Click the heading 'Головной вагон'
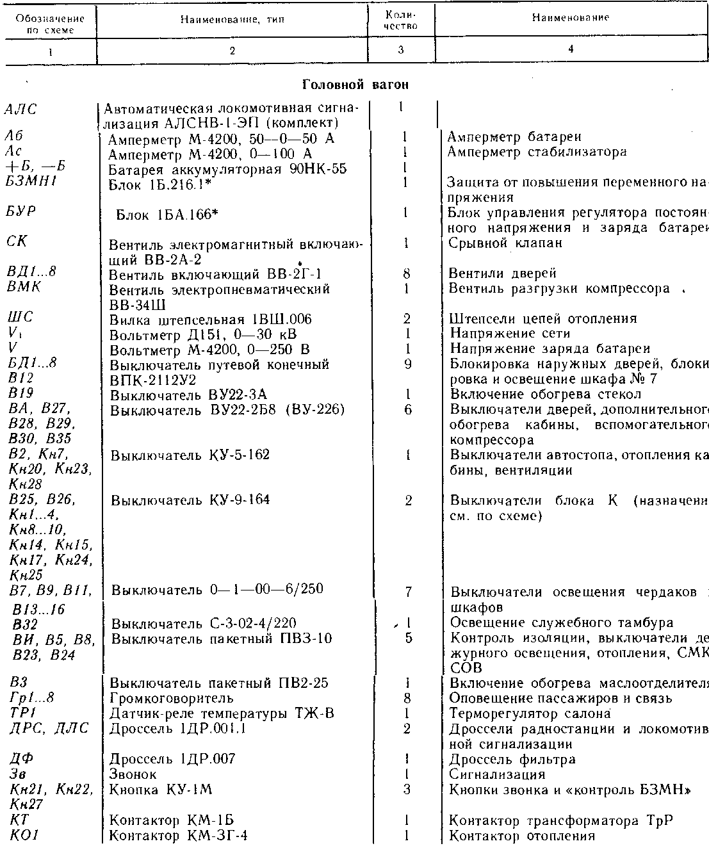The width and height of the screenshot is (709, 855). [x=355, y=84]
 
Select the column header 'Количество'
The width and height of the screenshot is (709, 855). [x=403, y=20]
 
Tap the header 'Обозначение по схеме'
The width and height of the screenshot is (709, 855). [x=50, y=24]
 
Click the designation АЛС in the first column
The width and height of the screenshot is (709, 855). [x=20, y=109]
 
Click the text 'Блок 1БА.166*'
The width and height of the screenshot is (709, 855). [x=167, y=215]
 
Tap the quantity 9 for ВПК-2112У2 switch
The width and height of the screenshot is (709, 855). [x=407, y=364]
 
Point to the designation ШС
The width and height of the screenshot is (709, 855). [x=20, y=318]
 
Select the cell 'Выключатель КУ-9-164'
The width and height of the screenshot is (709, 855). [x=190, y=500]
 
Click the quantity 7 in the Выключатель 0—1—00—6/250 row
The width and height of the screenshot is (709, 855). [x=408, y=591]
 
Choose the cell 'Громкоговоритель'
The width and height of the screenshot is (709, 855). [x=171, y=698]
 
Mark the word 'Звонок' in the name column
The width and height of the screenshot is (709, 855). [x=133, y=775]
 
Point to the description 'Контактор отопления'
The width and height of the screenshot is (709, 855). [x=521, y=836]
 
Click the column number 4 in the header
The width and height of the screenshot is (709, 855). [x=569, y=49]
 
